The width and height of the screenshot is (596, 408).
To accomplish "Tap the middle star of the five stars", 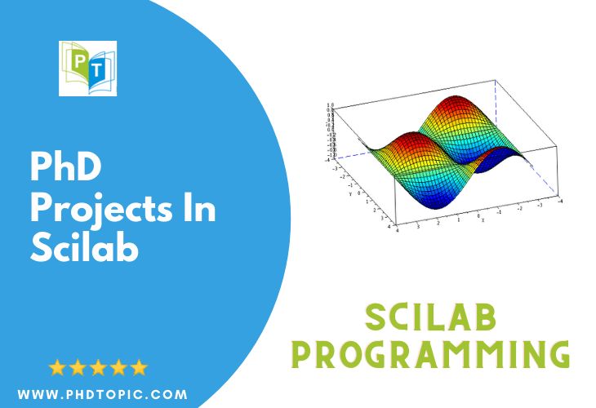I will point(98,367).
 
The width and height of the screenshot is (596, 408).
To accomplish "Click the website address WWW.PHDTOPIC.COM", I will point(102,395).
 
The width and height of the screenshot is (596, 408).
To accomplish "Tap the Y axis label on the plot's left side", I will point(351,194).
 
